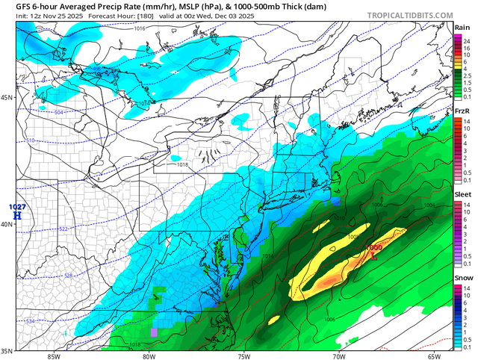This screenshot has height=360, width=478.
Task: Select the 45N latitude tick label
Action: pos(7,98)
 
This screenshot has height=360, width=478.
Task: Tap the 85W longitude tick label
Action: pos(52,356)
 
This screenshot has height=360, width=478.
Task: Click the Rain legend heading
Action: pos(462,28)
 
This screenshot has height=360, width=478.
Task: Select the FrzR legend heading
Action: pos(462,111)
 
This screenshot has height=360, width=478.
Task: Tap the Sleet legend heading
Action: pos(462,195)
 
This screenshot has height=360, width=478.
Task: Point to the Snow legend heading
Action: pos(462,279)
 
